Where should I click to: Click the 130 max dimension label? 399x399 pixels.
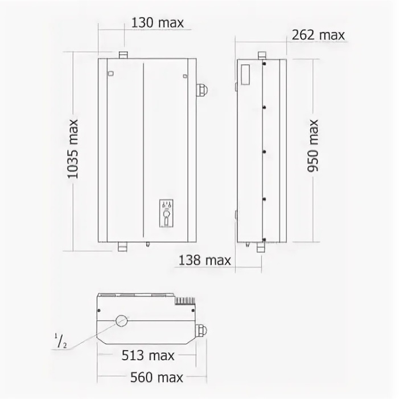pyautogui.click(x=157, y=23)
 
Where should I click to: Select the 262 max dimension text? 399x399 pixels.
pyautogui.click(x=318, y=35)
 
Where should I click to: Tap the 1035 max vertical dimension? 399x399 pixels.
pyautogui.click(x=73, y=149)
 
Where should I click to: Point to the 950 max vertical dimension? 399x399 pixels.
pyautogui.click(x=313, y=146)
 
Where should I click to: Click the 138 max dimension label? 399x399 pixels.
pyautogui.click(x=205, y=260)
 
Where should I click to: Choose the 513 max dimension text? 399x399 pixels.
pyautogui.click(x=148, y=356)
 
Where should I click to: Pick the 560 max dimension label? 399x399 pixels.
pyautogui.click(x=157, y=377)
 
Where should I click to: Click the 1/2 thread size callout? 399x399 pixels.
pyautogui.click(x=60, y=341)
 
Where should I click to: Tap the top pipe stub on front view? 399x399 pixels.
pyautogui.click(x=123, y=55)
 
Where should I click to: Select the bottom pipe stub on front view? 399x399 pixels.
pyautogui.click(x=122, y=247)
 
